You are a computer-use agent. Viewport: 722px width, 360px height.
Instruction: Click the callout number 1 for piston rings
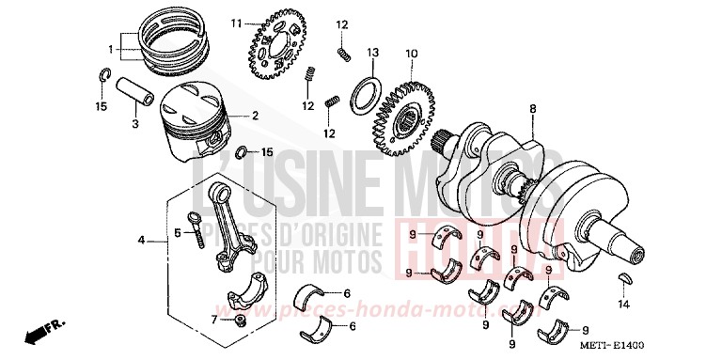111,49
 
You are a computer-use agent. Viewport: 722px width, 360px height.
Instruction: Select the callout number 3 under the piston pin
134,123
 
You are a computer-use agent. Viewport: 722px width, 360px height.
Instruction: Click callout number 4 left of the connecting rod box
142,241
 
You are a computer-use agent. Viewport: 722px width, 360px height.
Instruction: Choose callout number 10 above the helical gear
410,55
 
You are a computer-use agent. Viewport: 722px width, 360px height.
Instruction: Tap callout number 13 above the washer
372,53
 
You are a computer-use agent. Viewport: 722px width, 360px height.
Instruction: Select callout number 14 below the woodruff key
622,304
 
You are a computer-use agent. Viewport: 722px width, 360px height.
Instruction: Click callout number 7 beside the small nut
213,321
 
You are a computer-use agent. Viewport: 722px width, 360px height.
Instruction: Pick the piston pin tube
136,95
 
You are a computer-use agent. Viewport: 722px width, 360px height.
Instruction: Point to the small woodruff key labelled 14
622,278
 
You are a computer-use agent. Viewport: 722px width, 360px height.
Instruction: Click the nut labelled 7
240,321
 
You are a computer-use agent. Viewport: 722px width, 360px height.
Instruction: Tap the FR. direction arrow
39,332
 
